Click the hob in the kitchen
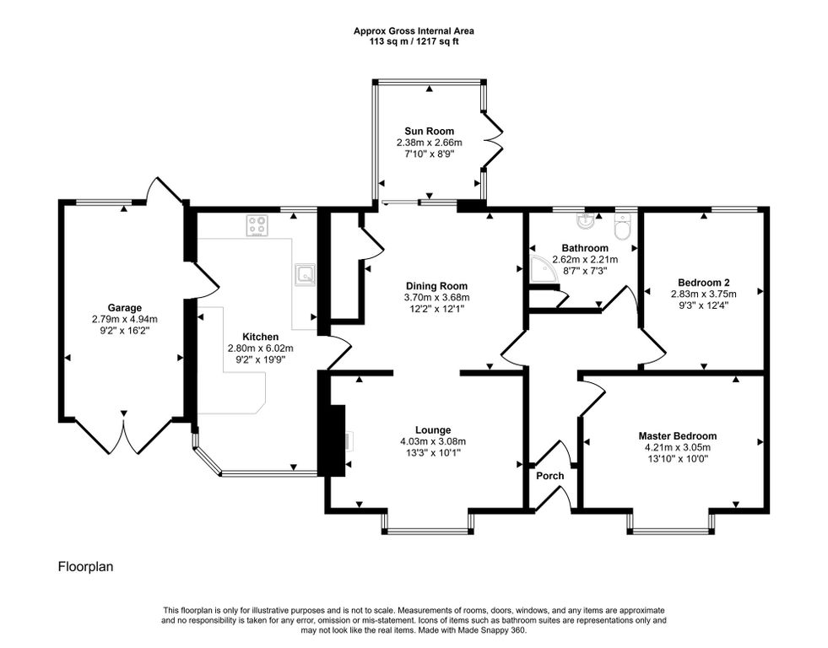[x=257, y=226]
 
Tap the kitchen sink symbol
[x=305, y=274]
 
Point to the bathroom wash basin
[x=586, y=222]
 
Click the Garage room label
[x=125, y=308]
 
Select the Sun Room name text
[x=430, y=131]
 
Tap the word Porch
[x=550, y=476]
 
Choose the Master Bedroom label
[x=678, y=436]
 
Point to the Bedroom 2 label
[x=704, y=282]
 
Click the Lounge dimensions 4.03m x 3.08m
[x=433, y=441]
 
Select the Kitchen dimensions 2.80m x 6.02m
[x=260, y=348]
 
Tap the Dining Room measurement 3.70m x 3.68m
[x=436, y=298]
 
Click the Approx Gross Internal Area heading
[x=414, y=31]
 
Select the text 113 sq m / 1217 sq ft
[x=414, y=41]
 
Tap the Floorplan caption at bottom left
[x=85, y=567]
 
